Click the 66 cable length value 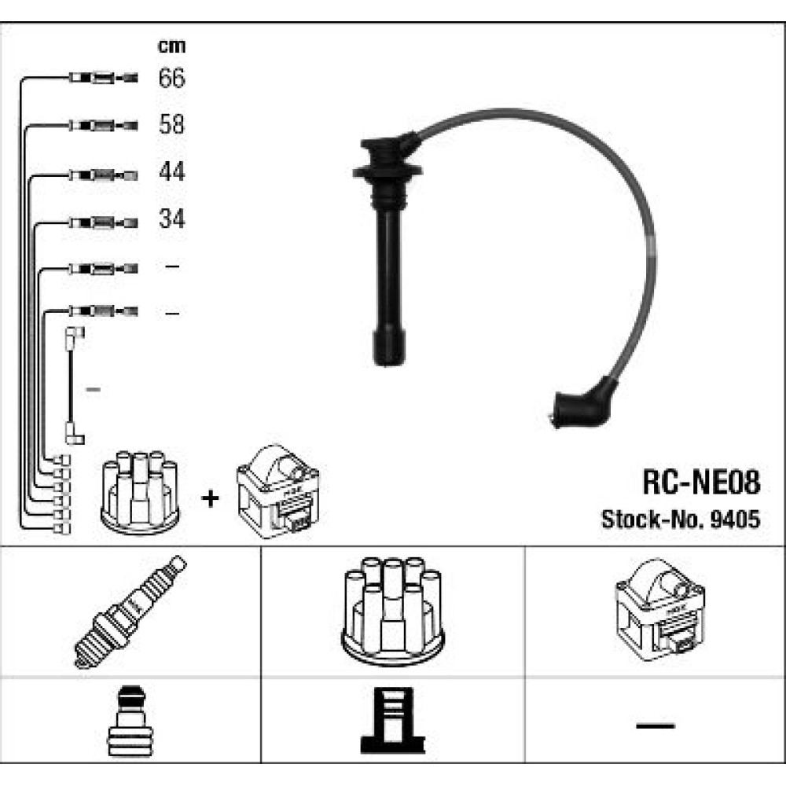(171, 78)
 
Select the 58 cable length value (171, 124)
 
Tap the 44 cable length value (171, 171)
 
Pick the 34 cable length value (171, 219)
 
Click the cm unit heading (171, 46)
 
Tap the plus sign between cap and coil (210, 498)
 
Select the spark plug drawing (130, 612)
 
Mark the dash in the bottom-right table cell (655, 725)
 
